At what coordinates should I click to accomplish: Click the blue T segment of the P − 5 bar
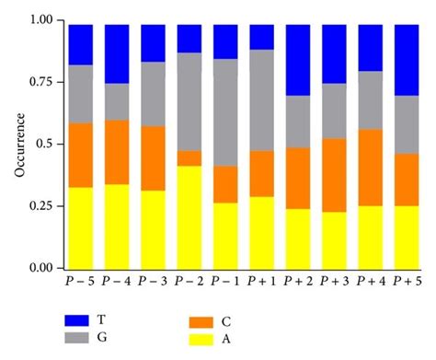(x=81, y=45)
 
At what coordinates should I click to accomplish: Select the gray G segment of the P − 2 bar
(x=189, y=101)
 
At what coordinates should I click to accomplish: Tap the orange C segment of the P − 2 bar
(x=189, y=157)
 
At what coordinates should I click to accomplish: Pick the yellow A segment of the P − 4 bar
(x=117, y=226)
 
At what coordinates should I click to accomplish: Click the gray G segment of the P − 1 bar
(x=225, y=112)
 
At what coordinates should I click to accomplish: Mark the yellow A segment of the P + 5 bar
(x=407, y=237)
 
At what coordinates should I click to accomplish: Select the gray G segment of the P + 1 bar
(x=262, y=100)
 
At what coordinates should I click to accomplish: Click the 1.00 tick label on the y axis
(x=40, y=21)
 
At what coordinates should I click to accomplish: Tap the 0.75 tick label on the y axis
(x=40, y=82)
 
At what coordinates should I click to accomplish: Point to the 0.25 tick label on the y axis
(x=40, y=206)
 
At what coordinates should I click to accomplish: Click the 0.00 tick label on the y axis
(x=40, y=268)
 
